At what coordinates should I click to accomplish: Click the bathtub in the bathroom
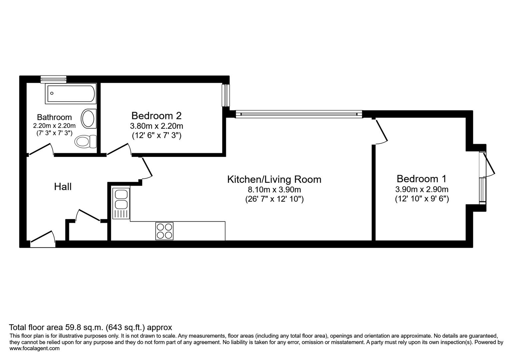pyautogui.click(x=71, y=94)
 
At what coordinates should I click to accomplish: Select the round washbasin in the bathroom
pyautogui.click(x=88, y=118)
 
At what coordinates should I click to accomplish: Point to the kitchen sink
pyautogui.click(x=121, y=203)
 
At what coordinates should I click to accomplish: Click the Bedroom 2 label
pyautogui.click(x=156, y=116)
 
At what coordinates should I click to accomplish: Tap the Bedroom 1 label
pyautogui.click(x=421, y=179)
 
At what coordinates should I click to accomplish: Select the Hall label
pyautogui.click(x=63, y=187)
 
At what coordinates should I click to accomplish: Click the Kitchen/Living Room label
pyautogui.click(x=274, y=179)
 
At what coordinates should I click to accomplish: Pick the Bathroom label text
pyautogui.click(x=54, y=117)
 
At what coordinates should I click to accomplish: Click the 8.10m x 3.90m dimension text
pyautogui.click(x=274, y=190)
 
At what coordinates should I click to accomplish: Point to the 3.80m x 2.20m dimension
pyautogui.click(x=156, y=126)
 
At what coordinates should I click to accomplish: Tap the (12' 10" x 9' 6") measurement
pyautogui.click(x=422, y=199)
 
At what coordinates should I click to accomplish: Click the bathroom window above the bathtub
pyautogui.click(x=53, y=79)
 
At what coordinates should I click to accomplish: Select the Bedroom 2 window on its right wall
pyautogui.click(x=226, y=95)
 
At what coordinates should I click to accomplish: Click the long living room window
pyautogui.click(x=299, y=114)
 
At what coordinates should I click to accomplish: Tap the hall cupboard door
pyautogui.click(x=88, y=215)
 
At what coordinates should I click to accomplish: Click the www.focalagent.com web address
pyautogui.click(x=35, y=348)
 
